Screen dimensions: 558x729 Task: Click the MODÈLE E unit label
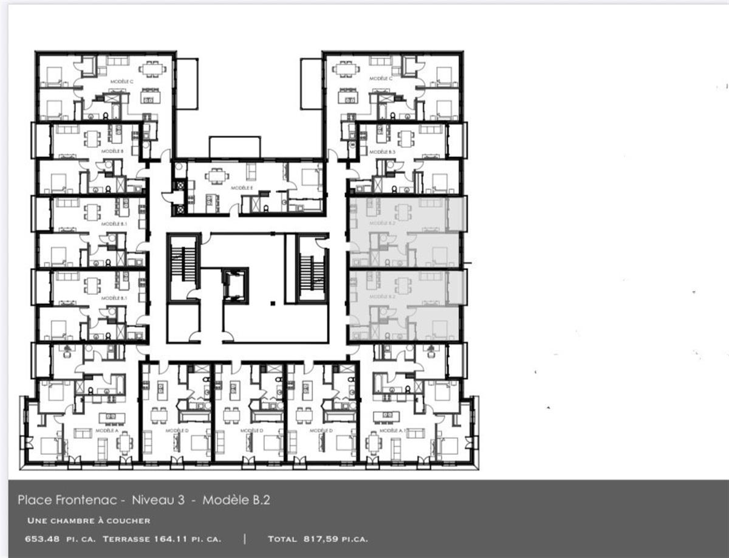[242, 188]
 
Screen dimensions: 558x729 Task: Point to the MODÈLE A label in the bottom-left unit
[106, 430]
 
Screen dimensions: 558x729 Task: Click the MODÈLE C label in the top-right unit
[381, 78]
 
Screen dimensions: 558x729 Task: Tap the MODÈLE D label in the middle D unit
[251, 430]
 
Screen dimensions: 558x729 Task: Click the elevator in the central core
[235, 284]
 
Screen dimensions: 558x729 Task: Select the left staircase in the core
[183, 268]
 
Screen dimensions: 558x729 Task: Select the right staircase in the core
[312, 268]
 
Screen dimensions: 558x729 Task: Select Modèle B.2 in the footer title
[236, 500]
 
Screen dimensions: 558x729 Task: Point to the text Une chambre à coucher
[89, 521]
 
